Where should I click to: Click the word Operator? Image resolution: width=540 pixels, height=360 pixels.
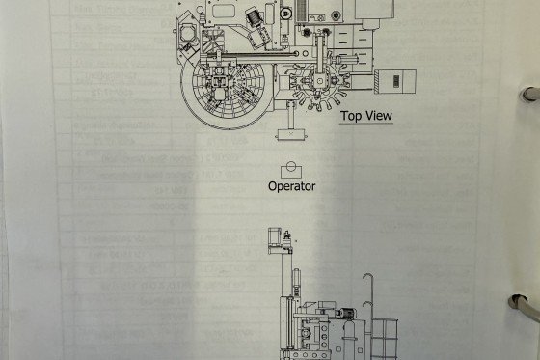[x=292, y=186]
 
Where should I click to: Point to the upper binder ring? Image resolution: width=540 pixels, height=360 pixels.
[x=528, y=95]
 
